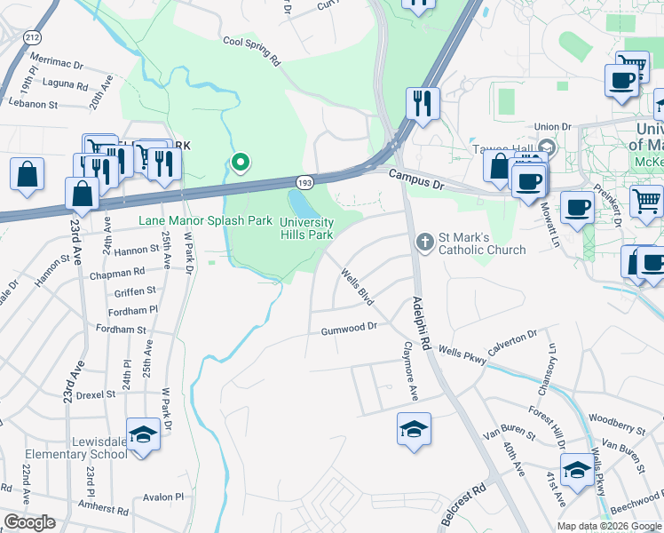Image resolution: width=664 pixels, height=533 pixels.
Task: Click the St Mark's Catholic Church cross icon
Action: click(x=425, y=242)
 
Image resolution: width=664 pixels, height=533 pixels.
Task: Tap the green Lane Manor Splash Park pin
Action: click(x=239, y=163)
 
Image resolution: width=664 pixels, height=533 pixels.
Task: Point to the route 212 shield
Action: click(x=34, y=37)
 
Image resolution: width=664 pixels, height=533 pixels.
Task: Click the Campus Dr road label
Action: click(x=415, y=178)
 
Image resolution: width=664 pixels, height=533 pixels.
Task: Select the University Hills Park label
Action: click(x=307, y=228)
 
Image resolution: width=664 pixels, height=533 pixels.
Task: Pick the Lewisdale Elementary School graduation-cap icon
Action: click(x=142, y=435)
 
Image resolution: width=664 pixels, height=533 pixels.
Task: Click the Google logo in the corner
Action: click(x=28, y=522)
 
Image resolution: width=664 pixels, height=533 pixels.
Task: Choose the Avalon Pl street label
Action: click(x=161, y=497)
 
